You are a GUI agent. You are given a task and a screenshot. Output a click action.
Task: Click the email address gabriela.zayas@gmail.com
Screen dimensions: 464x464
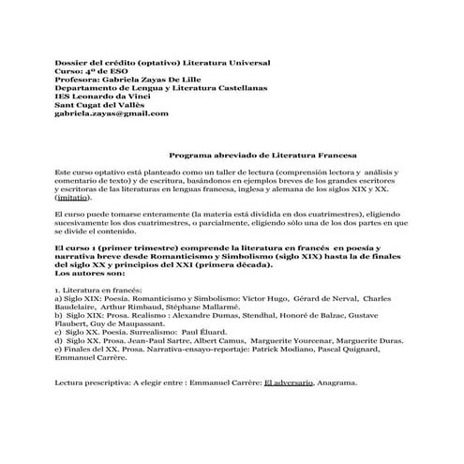click(x=112, y=113)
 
